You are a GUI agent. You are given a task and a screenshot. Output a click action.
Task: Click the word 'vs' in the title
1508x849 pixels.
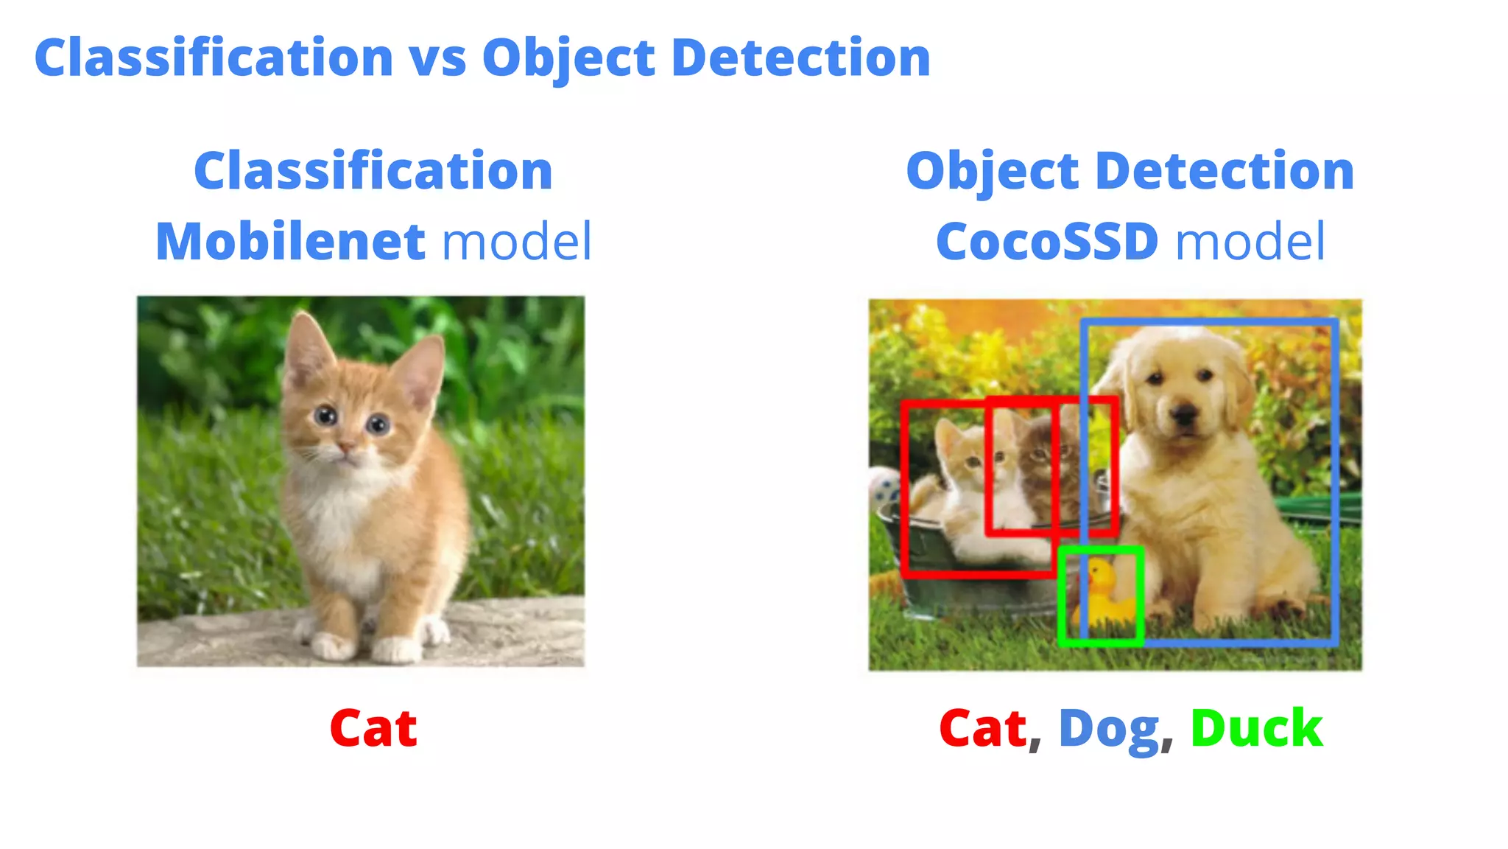437,59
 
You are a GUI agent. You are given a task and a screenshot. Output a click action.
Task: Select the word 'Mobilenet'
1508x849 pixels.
290,242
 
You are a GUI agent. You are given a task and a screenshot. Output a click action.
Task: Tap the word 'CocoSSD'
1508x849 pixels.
1047,242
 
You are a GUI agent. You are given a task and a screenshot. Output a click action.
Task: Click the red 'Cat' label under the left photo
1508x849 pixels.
373,728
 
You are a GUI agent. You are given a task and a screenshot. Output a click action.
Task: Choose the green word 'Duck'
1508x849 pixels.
1256,728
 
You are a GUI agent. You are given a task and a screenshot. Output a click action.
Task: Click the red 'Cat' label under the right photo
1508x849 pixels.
983,728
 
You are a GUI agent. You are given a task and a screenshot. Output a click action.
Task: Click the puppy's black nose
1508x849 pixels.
1185,415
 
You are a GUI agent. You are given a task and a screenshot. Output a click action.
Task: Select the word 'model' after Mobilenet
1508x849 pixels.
517,242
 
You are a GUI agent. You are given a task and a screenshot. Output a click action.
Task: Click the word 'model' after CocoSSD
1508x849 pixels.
1250,242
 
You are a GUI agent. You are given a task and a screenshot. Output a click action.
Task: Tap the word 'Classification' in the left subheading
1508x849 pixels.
373,171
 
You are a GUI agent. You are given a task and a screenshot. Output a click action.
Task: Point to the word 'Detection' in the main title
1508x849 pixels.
801,59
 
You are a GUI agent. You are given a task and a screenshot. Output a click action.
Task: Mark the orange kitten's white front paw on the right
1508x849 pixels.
398,649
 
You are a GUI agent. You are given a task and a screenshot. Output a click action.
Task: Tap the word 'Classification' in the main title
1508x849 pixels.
214,59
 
